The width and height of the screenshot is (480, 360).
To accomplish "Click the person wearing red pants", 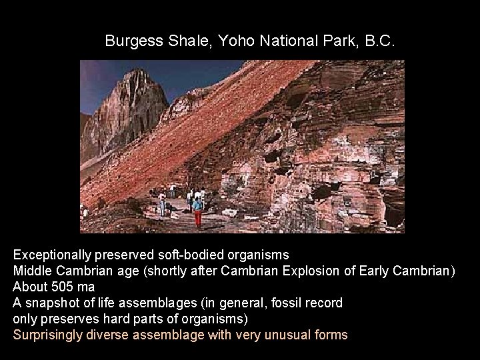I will click(197, 212).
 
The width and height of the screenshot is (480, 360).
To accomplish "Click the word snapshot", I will click(50, 303).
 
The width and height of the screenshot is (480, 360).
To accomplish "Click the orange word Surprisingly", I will click(49, 335).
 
